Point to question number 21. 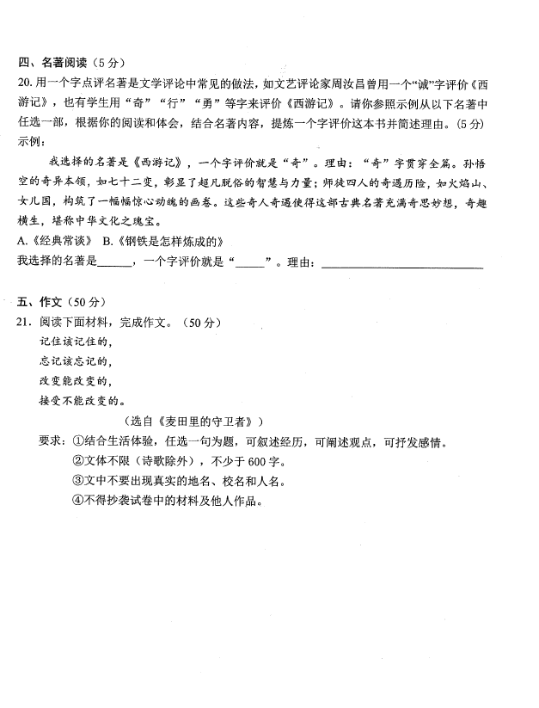click(24, 323)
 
